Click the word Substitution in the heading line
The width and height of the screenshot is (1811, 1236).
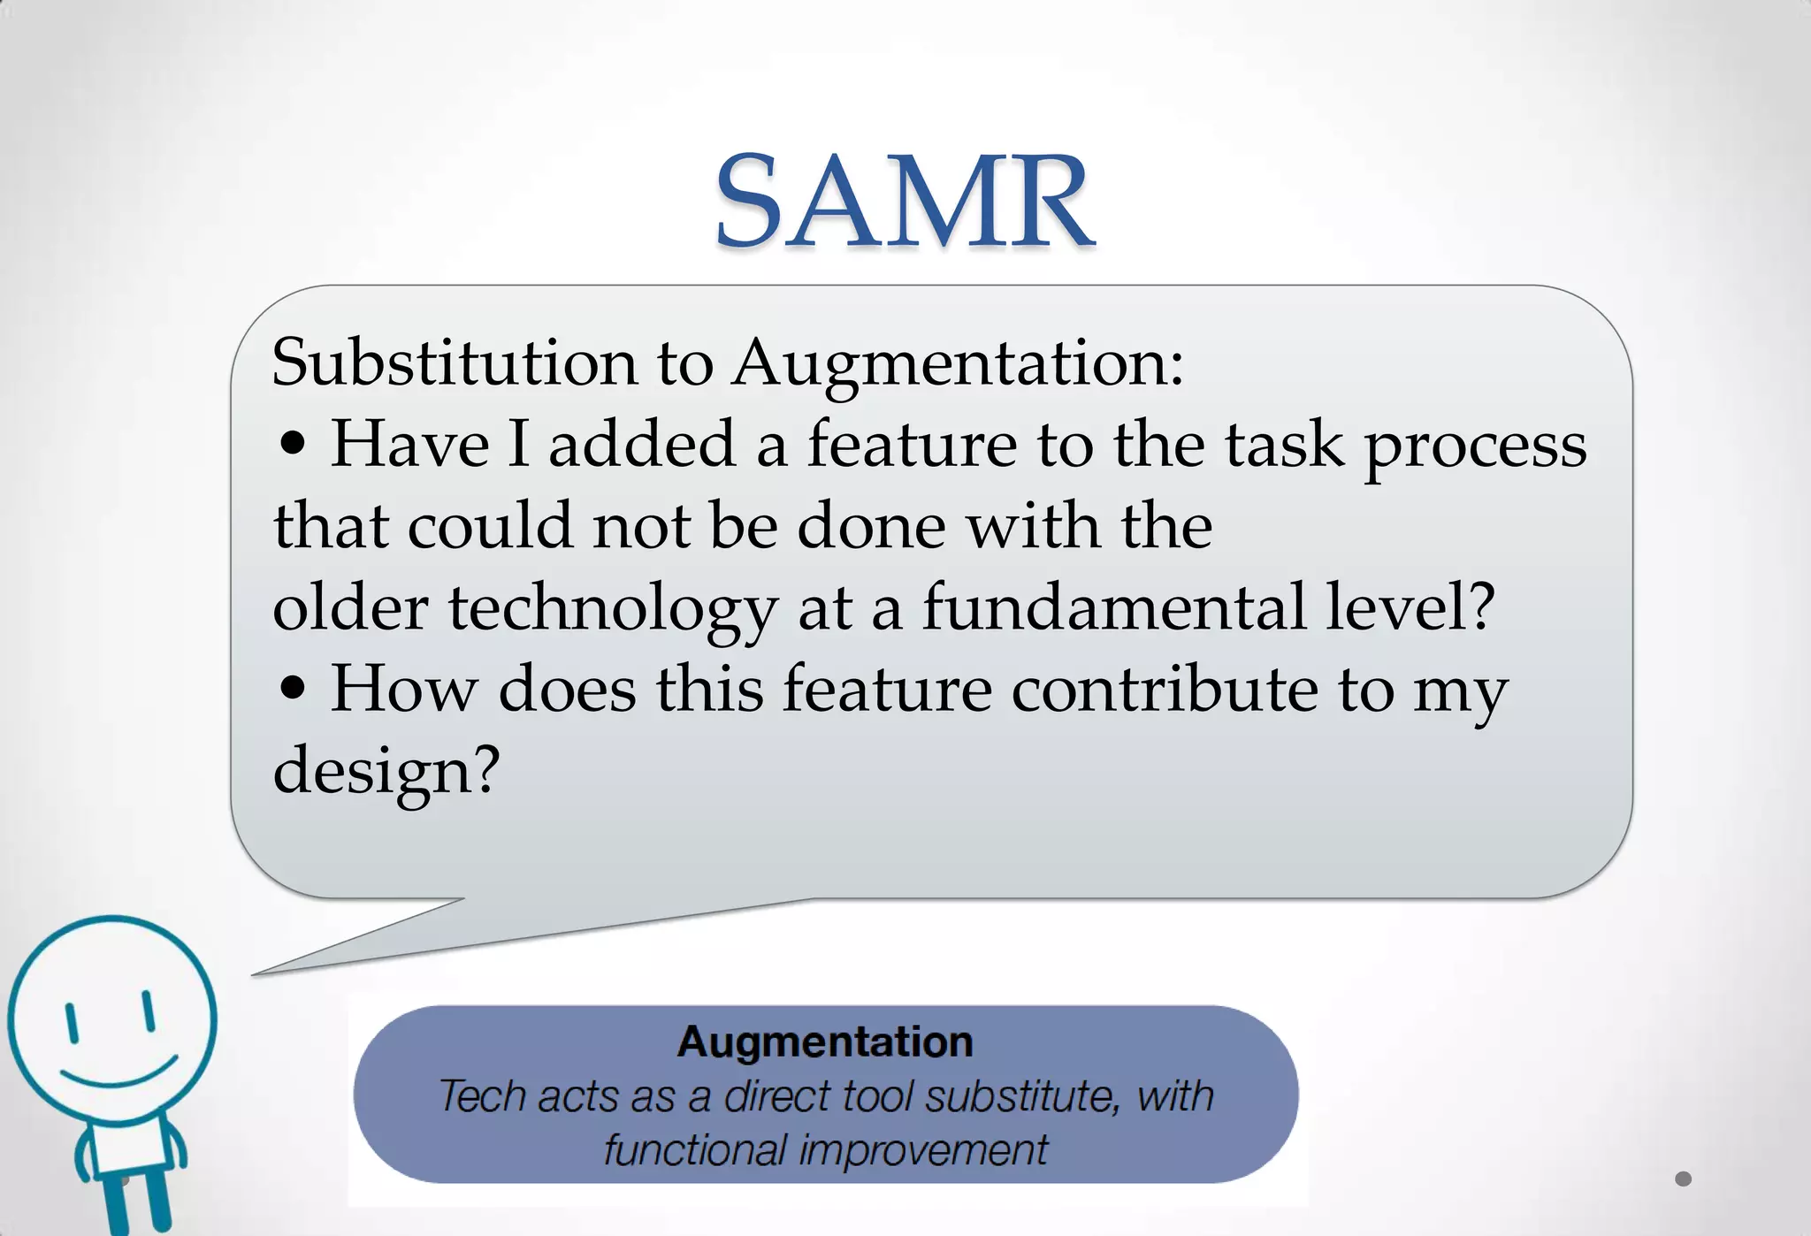coord(454,362)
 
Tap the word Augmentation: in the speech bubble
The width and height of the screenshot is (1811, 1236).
coord(957,362)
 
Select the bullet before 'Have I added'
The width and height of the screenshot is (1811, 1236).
coord(292,445)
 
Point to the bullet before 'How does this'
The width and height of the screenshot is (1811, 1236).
coord(292,690)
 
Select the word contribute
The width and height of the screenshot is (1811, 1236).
coord(1164,689)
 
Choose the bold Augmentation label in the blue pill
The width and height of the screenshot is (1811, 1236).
coord(824,1041)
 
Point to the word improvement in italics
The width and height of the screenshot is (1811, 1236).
coord(923,1150)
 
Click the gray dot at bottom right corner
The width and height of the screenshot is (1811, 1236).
coord(1683,1179)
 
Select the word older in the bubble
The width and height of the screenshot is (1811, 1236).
coord(350,607)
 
